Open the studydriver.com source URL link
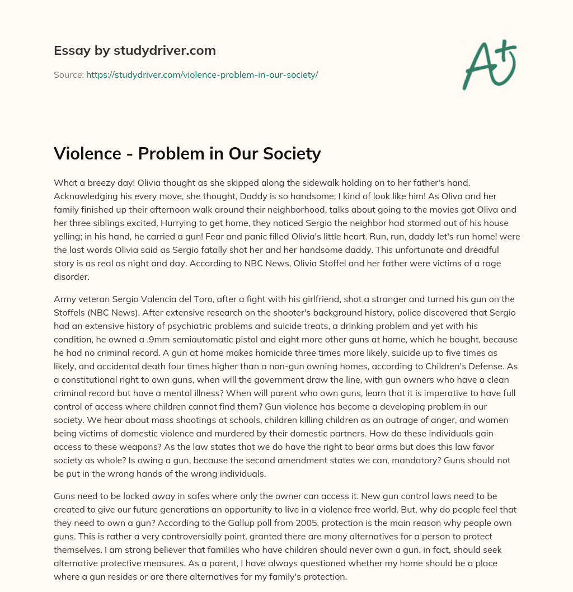click(x=202, y=74)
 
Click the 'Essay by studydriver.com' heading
click(x=135, y=50)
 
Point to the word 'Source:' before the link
click(x=68, y=74)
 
